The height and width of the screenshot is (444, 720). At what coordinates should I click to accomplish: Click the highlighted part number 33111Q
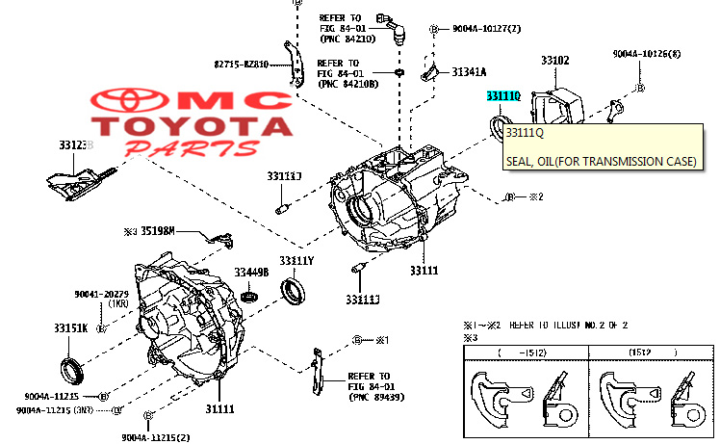click(x=503, y=97)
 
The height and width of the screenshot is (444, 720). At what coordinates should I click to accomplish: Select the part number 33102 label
click(x=554, y=61)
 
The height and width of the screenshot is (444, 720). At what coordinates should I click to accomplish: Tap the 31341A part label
click(x=470, y=71)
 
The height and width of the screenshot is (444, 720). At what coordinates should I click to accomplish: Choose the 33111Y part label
click(x=296, y=261)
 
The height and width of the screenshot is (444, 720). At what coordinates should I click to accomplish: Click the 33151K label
click(x=70, y=327)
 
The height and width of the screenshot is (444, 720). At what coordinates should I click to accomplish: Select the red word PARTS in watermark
click(x=193, y=148)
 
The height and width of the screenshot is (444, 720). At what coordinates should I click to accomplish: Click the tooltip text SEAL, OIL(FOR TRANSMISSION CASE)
click(x=600, y=161)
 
